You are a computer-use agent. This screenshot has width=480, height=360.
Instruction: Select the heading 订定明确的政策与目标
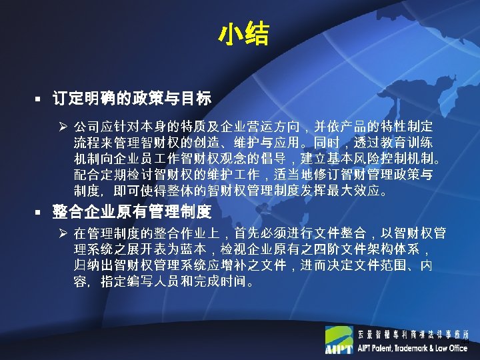tap(131, 99)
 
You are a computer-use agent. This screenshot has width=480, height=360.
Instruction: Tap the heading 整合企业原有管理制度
tap(131, 213)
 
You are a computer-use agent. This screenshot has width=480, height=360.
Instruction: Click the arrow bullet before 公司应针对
tap(61, 126)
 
